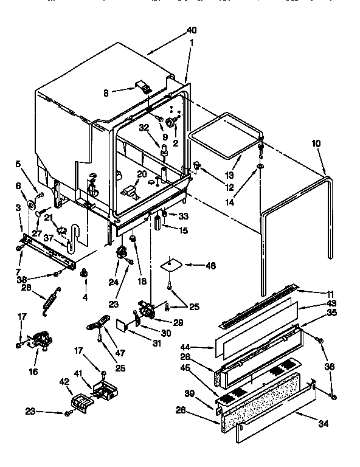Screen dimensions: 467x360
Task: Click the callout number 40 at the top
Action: (x=191, y=30)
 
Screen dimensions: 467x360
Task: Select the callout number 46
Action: (x=211, y=265)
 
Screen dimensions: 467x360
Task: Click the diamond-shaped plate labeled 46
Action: (x=171, y=265)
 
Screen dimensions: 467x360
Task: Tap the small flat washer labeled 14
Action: (x=260, y=165)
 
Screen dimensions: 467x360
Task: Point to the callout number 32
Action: (x=144, y=128)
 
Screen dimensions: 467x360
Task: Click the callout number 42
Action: (x=64, y=382)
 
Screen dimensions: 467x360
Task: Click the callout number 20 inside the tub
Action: (x=142, y=173)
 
